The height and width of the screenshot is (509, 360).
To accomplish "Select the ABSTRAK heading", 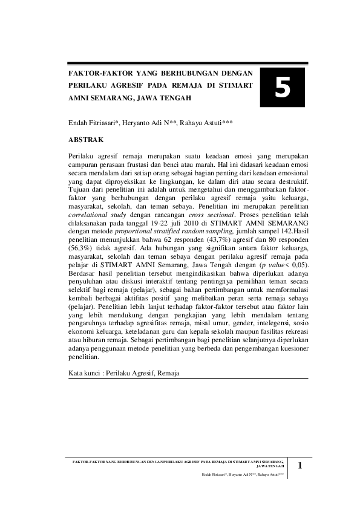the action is [x=86, y=139].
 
